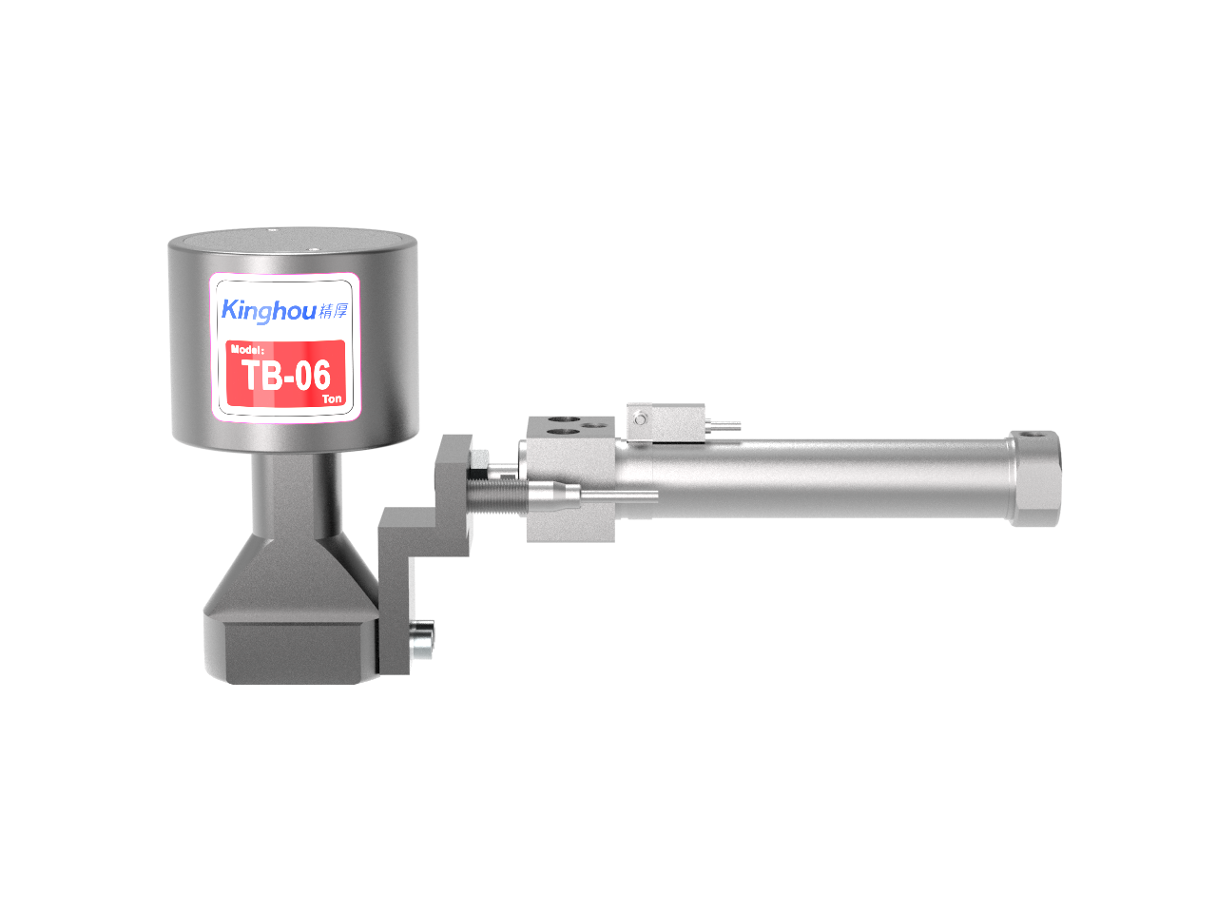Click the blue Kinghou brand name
268,310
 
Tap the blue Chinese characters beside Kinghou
333,310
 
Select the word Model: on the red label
247,349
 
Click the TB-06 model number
286,376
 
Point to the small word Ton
332,398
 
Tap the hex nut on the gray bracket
479,459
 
